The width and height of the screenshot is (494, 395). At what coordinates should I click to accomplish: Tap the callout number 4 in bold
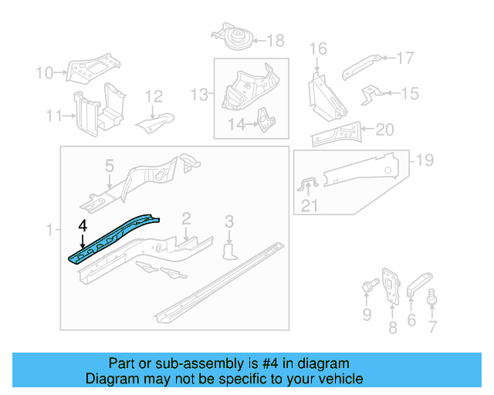pyautogui.click(x=82, y=225)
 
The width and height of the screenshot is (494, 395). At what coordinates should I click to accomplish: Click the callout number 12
pyautogui.click(x=154, y=96)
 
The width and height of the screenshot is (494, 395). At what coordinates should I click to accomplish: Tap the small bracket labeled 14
pyautogui.click(x=265, y=120)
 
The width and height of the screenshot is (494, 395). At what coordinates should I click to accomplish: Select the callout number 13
pyautogui.click(x=199, y=94)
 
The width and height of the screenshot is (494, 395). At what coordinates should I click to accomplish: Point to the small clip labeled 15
pyautogui.click(x=370, y=94)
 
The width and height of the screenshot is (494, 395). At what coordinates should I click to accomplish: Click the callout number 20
pyautogui.click(x=384, y=129)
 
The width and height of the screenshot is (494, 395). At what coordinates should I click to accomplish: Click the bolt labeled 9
pyautogui.click(x=367, y=289)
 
